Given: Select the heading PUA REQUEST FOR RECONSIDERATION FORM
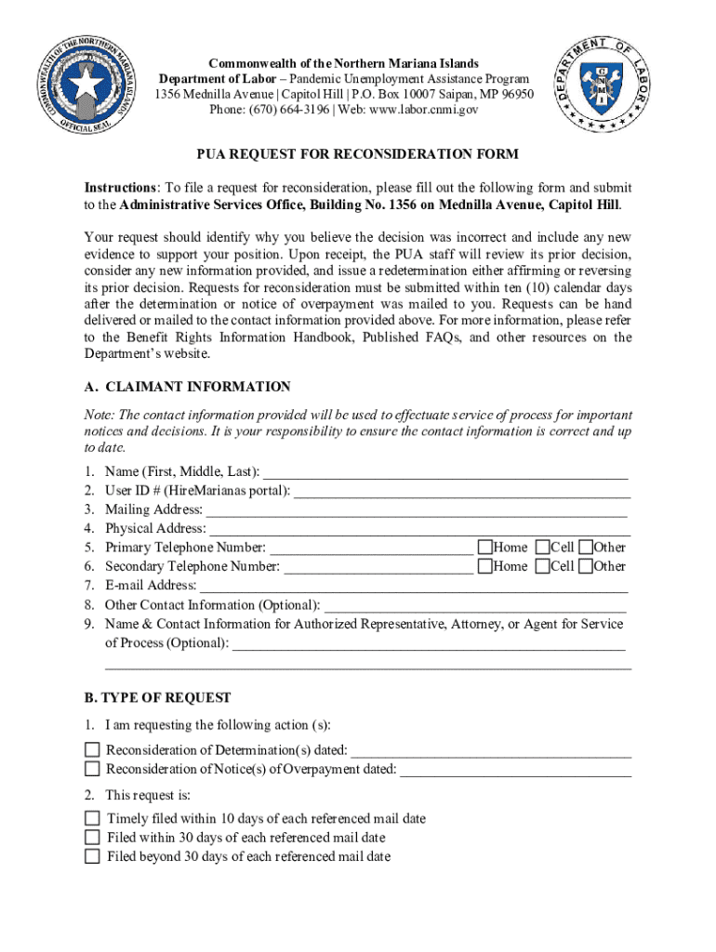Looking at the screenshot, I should (356, 154).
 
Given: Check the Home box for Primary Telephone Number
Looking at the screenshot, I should (484, 547).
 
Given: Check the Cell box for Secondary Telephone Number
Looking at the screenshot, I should (542, 565).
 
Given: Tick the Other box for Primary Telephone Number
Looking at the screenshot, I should (586, 547).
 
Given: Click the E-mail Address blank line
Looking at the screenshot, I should (414, 585).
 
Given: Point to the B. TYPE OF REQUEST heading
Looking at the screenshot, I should (157, 697).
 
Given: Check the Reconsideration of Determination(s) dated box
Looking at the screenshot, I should (92, 749).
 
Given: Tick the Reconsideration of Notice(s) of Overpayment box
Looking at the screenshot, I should (92, 768).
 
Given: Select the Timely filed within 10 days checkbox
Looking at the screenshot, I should (92, 818).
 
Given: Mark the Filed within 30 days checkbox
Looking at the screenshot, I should (92, 837).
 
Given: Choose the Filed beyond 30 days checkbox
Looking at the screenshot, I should (92, 856).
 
